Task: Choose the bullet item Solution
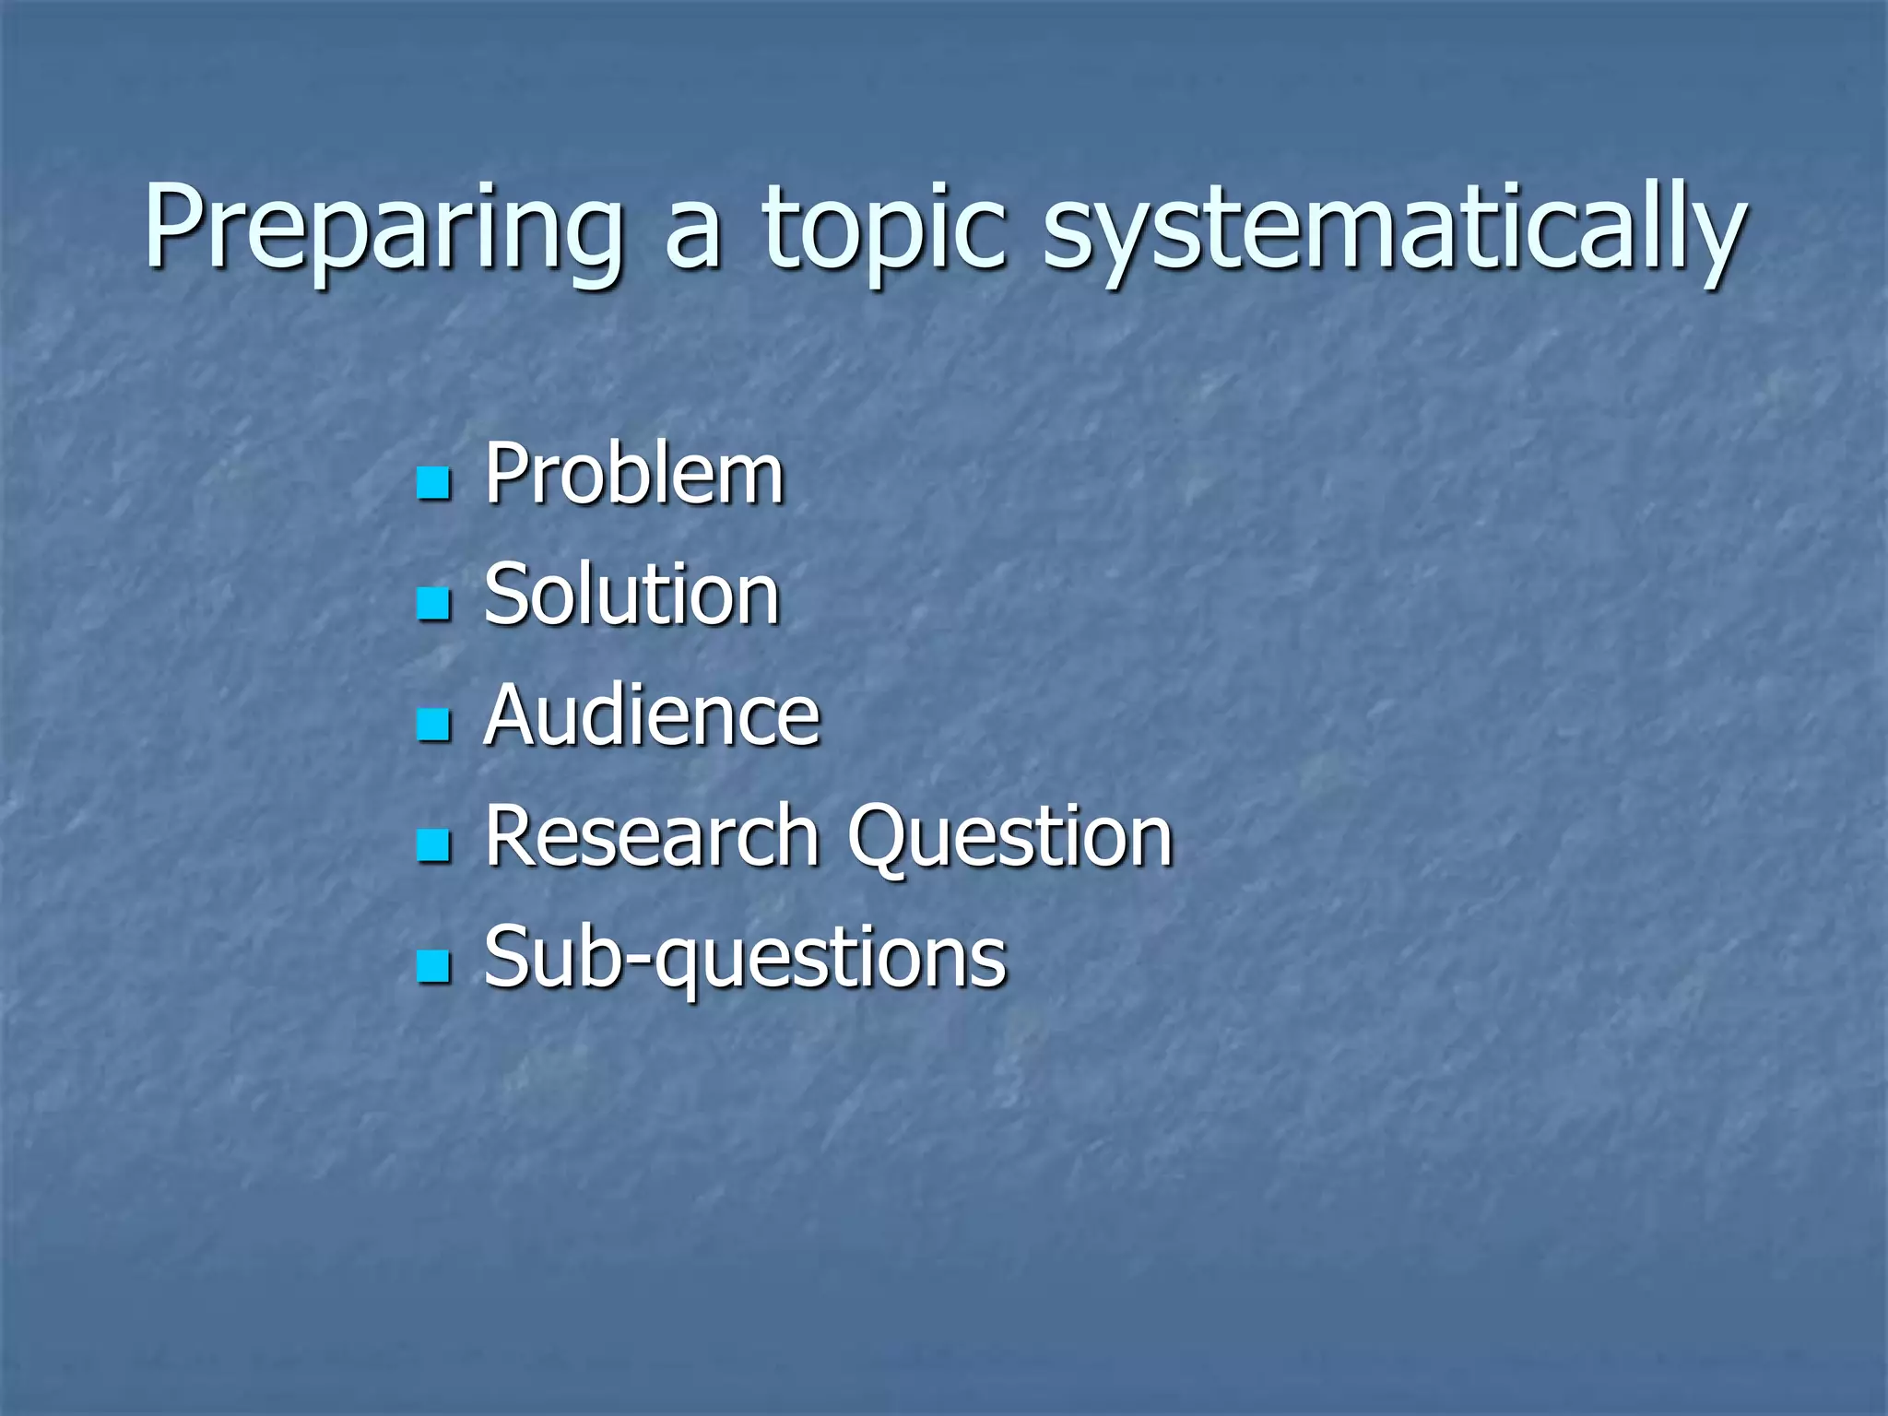coord(632,596)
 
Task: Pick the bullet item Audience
coord(652,716)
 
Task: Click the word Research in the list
coord(652,836)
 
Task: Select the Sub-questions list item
coord(745,959)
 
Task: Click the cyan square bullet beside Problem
coord(433,483)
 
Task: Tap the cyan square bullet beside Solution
coord(433,604)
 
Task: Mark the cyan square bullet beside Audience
coord(433,725)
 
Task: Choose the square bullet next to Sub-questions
coord(433,966)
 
